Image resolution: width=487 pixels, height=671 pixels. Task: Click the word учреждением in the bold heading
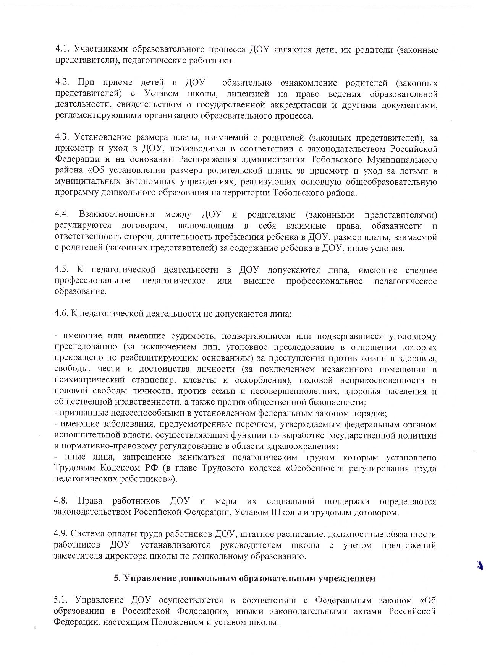(347, 578)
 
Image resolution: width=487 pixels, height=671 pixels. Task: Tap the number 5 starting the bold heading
(116, 578)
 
